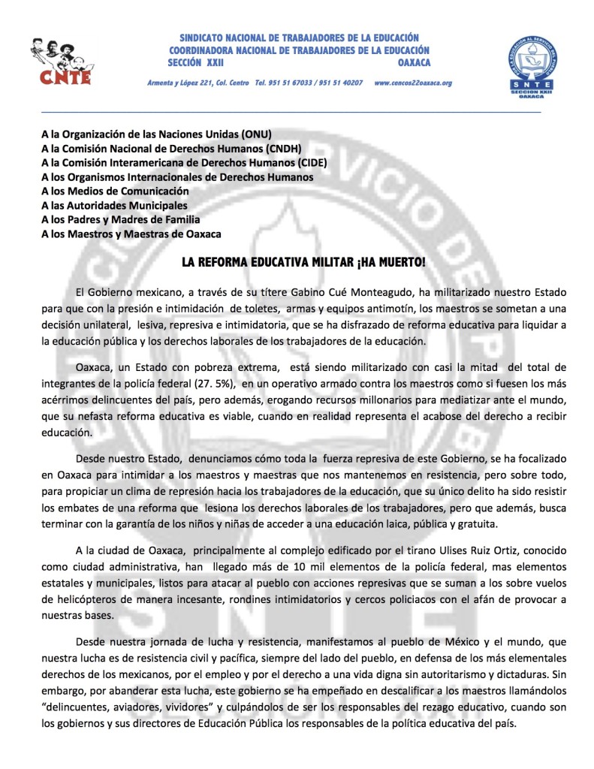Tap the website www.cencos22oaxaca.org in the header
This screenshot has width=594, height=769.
(x=413, y=82)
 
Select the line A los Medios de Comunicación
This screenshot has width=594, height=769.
(x=125, y=191)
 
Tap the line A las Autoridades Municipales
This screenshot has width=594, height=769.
(x=114, y=205)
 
